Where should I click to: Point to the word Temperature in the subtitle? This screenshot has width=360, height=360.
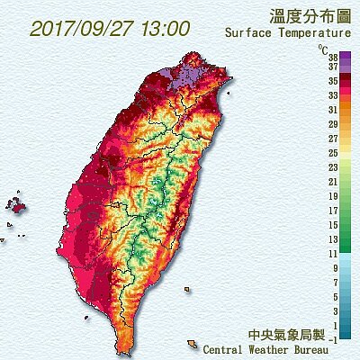(x=310, y=35)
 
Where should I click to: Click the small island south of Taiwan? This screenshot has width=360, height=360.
(x=192, y=344)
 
